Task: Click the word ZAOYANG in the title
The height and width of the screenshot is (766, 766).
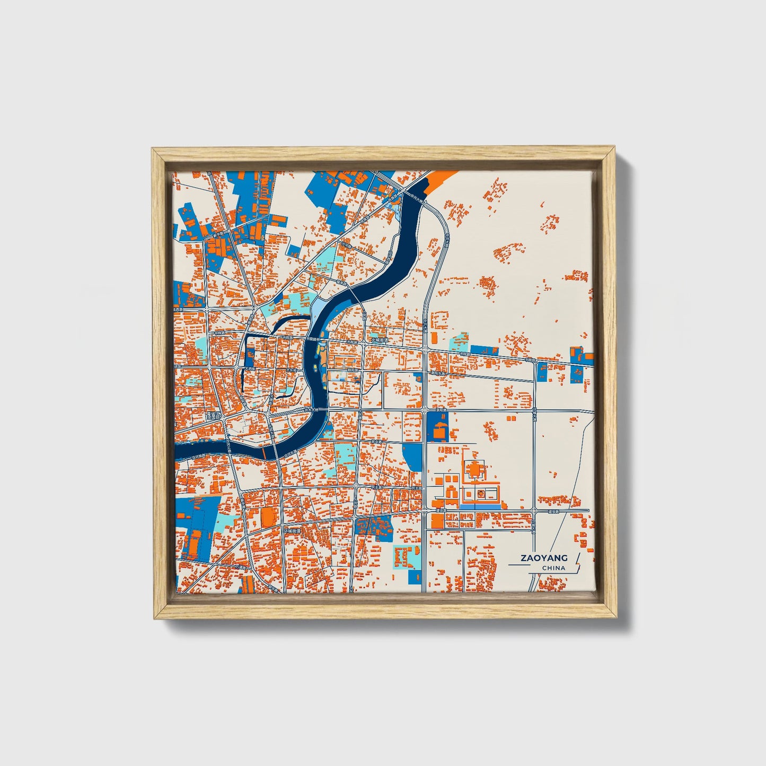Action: pos(543,558)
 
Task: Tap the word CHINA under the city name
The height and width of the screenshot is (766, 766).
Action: pos(553,568)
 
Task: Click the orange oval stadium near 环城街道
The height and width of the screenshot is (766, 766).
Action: pos(268,517)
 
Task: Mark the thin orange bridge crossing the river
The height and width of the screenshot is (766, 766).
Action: pos(263,454)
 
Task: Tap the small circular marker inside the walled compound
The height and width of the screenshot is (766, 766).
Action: pos(480,494)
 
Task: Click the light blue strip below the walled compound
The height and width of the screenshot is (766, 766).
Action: pos(479,507)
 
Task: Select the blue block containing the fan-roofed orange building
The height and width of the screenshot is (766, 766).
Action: pos(437,427)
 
